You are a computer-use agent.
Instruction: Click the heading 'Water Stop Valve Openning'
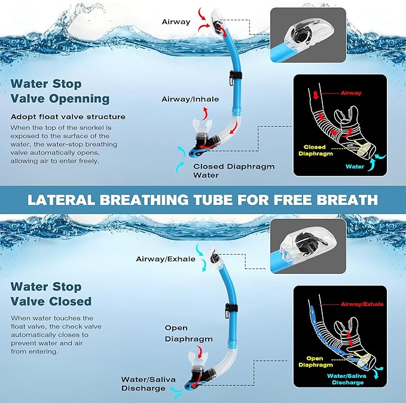(60, 91)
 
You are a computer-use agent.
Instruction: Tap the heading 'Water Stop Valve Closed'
(51, 294)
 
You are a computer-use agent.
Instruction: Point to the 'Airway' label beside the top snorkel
(176, 22)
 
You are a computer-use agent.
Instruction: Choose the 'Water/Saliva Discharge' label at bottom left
(144, 383)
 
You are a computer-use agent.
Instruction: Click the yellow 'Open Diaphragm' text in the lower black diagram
(314, 361)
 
